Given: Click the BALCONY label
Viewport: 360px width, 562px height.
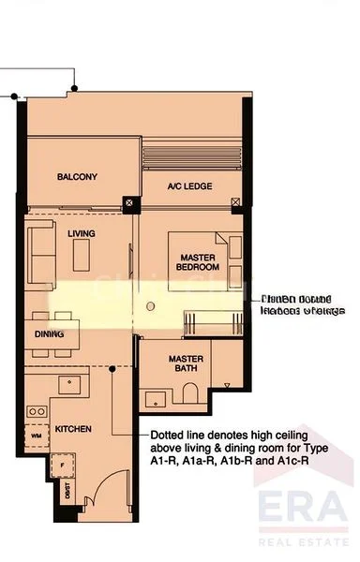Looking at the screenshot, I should (x=77, y=177).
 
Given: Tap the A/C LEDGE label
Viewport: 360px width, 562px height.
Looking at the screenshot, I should (x=189, y=186).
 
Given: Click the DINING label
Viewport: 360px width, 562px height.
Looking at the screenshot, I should (x=49, y=333).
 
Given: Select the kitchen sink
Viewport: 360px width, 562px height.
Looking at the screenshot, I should (x=68, y=384).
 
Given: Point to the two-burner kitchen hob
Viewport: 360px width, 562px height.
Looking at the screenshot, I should (x=38, y=410).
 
